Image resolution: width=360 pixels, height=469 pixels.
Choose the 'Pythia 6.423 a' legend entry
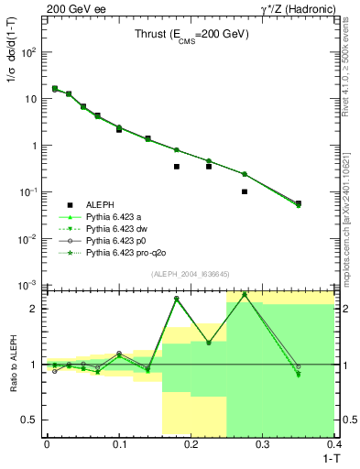coord(120,217)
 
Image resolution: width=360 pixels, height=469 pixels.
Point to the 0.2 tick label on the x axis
coord(191,444)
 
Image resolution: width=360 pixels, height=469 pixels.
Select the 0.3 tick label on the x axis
coord(263,444)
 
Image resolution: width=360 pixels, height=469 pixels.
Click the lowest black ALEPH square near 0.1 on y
coord(245,191)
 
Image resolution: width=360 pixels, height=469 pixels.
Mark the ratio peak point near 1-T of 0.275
coord(245,295)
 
